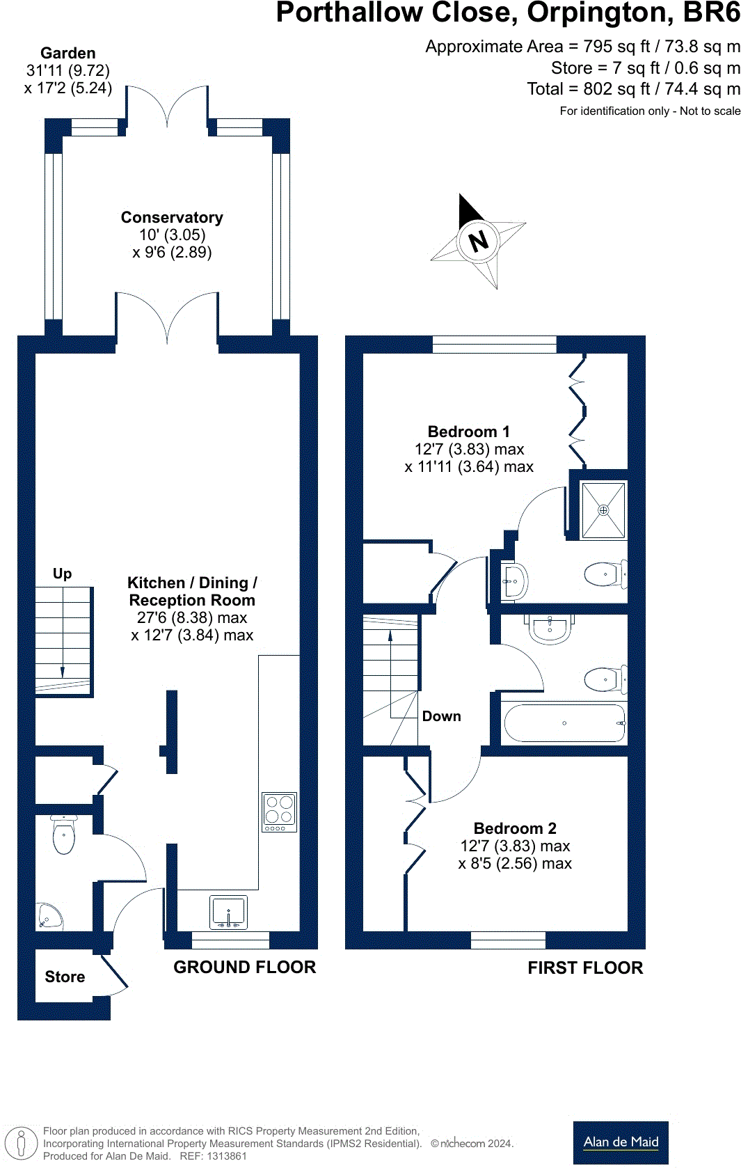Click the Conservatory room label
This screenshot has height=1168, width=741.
tap(172, 218)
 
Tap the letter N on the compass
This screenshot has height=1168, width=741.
tap(478, 242)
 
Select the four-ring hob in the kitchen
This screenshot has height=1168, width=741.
tap(279, 812)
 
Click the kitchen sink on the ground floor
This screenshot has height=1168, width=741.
tap(228, 913)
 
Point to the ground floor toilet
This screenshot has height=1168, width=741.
tap(63, 835)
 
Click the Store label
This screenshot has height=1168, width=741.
tap(65, 977)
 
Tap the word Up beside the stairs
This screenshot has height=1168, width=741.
tap(62, 574)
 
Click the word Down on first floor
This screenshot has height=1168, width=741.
tap(441, 716)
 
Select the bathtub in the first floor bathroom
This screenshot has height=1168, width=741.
tap(564, 723)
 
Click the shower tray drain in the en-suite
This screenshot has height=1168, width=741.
tap(603, 510)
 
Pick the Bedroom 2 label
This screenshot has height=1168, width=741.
tap(515, 828)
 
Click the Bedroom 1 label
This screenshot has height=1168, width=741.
tap(468, 432)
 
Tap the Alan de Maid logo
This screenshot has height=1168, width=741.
tap(621, 1142)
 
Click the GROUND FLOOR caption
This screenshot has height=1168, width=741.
tap(244, 967)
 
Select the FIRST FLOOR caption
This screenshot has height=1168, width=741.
tap(585, 968)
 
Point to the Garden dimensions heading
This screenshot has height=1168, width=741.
tap(67, 54)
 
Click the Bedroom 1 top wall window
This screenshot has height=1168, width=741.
tap(494, 344)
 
